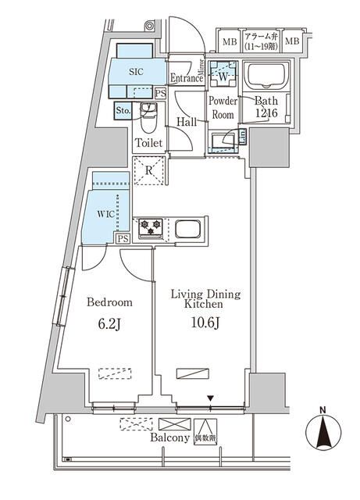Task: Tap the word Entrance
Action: tap(187, 77)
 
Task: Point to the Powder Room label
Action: tap(223, 106)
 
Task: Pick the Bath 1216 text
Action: tap(266, 106)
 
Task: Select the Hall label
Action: tap(186, 122)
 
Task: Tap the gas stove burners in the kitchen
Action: tap(150, 228)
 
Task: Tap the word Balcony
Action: tap(169, 439)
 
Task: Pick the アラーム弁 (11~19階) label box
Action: tap(261, 41)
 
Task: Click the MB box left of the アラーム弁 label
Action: tap(230, 41)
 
